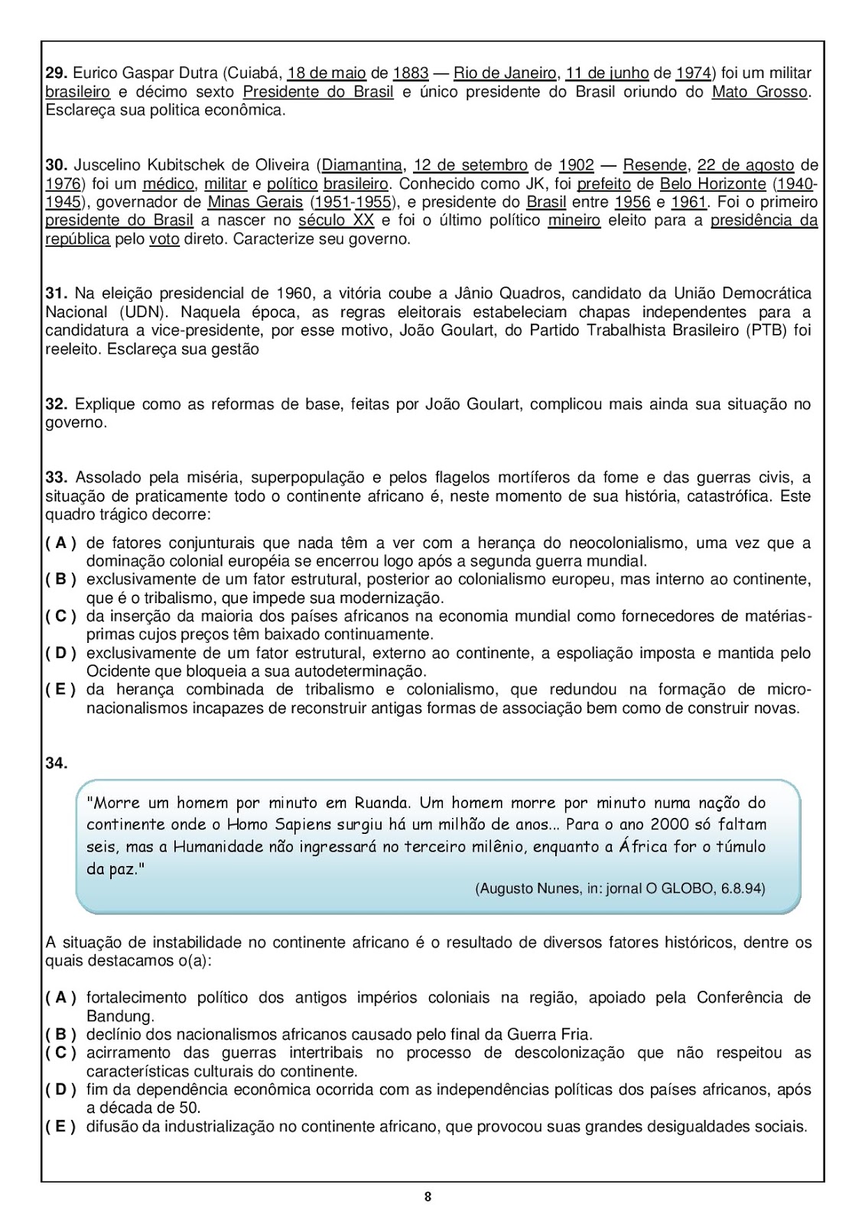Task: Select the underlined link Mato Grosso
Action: (x=759, y=92)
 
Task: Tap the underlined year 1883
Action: (x=411, y=73)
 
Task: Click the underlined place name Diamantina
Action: (x=362, y=165)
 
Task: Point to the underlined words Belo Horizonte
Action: (x=713, y=183)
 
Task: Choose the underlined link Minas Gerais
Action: (x=255, y=202)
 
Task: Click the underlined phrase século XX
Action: (x=336, y=220)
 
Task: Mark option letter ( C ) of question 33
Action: (x=60, y=616)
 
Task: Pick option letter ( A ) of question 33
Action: (x=60, y=543)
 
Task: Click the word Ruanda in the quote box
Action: (x=382, y=803)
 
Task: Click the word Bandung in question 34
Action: (x=119, y=1016)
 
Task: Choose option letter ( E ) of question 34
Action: (x=60, y=1126)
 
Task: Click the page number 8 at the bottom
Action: (x=428, y=1197)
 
